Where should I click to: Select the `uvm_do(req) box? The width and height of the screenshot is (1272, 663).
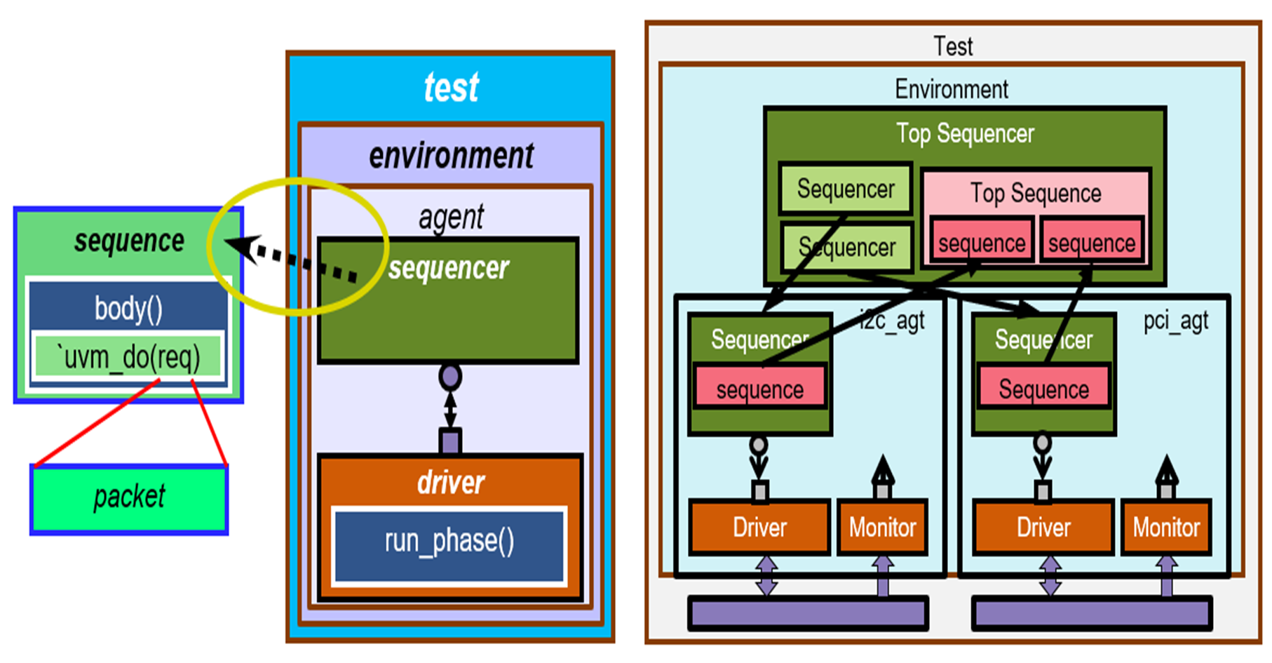[130, 357]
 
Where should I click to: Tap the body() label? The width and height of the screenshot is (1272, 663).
[128, 308]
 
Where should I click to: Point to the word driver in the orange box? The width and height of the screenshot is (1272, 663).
[451, 483]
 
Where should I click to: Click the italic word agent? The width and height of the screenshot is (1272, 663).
[451, 217]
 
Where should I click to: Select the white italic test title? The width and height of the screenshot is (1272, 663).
[451, 88]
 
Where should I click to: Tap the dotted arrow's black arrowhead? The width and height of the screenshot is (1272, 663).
[238, 246]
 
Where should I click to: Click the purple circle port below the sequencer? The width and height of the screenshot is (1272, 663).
[450, 377]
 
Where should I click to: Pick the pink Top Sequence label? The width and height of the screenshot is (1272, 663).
[1036, 193]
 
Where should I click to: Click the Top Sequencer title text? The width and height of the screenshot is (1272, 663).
[965, 133]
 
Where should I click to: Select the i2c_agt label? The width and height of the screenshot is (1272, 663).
[892, 321]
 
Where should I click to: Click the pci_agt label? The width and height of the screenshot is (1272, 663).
[1176, 321]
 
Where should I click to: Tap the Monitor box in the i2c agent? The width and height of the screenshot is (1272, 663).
[883, 528]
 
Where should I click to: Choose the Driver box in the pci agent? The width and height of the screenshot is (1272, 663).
[1043, 528]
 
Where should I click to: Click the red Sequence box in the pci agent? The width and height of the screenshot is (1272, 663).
[1043, 389]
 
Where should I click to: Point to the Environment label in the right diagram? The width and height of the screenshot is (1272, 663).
[952, 89]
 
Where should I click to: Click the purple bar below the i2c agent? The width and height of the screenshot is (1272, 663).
[808, 614]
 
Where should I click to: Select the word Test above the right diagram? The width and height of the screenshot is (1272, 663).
[953, 46]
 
